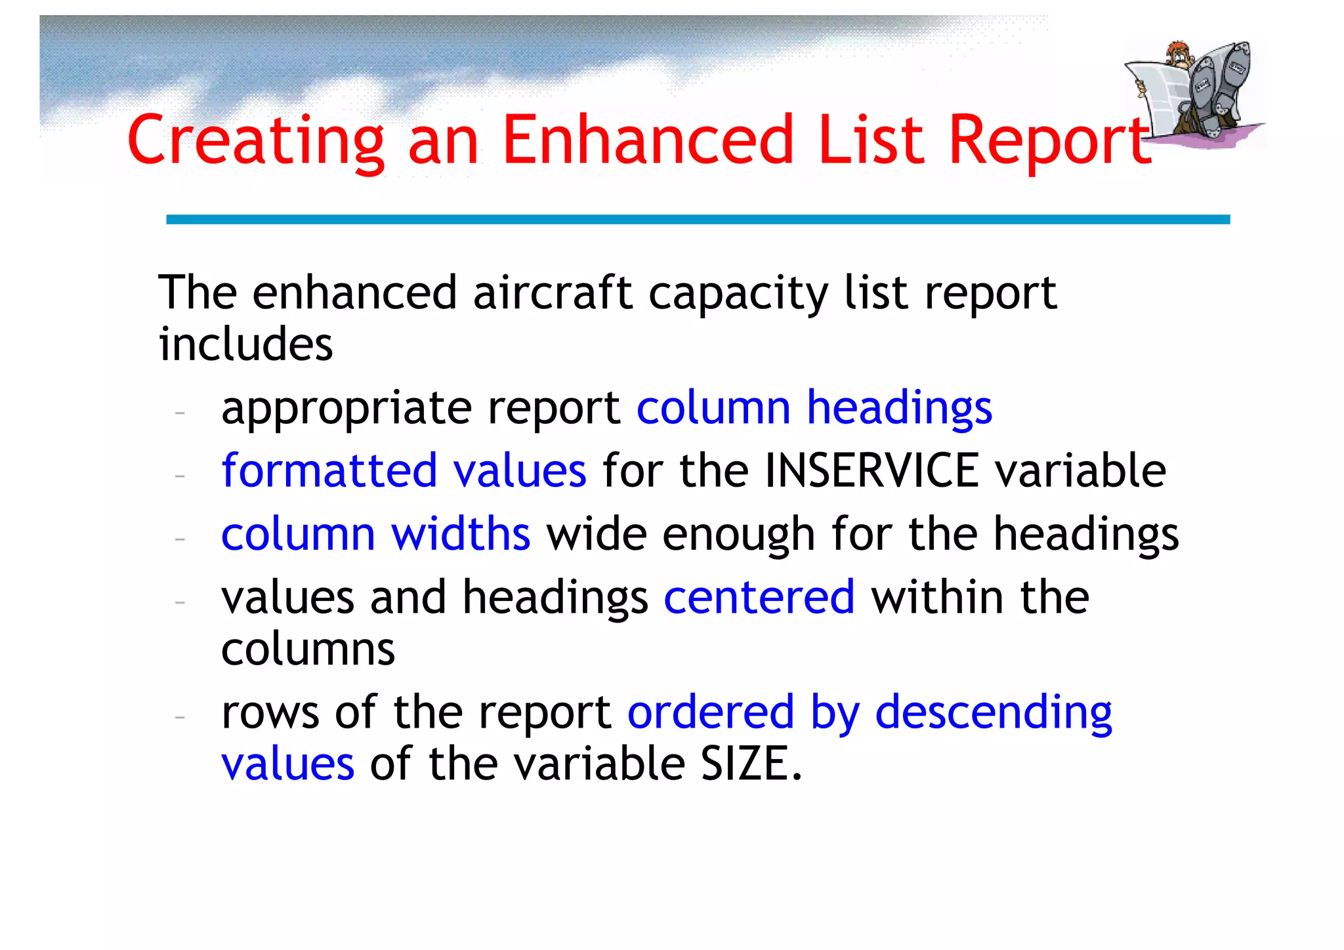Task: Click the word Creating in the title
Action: (256, 140)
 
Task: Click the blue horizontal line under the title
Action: (697, 220)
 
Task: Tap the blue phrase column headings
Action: (814, 408)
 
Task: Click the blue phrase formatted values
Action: (404, 471)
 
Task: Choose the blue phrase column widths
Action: (375, 534)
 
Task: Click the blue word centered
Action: (759, 598)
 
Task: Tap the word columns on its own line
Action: (308, 650)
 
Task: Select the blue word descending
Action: (993, 712)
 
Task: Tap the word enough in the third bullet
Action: (738, 534)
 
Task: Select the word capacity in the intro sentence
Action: (738, 294)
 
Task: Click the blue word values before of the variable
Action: (287, 764)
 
